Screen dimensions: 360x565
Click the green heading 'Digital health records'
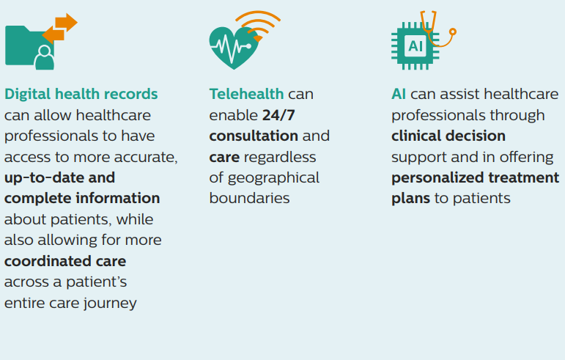pos(81,94)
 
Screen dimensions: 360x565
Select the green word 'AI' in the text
pos(399,94)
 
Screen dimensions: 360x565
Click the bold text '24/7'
pos(280,115)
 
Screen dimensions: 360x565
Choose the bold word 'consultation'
pos(254,136)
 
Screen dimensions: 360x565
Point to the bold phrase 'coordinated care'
pos(65,261)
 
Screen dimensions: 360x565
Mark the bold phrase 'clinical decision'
pos(448,136)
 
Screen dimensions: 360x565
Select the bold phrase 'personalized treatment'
pos(475,177)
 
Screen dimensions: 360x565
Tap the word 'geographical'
pos(273,177)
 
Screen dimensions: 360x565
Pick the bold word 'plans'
pos(410,198)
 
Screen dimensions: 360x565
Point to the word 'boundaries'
pos(249,198)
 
